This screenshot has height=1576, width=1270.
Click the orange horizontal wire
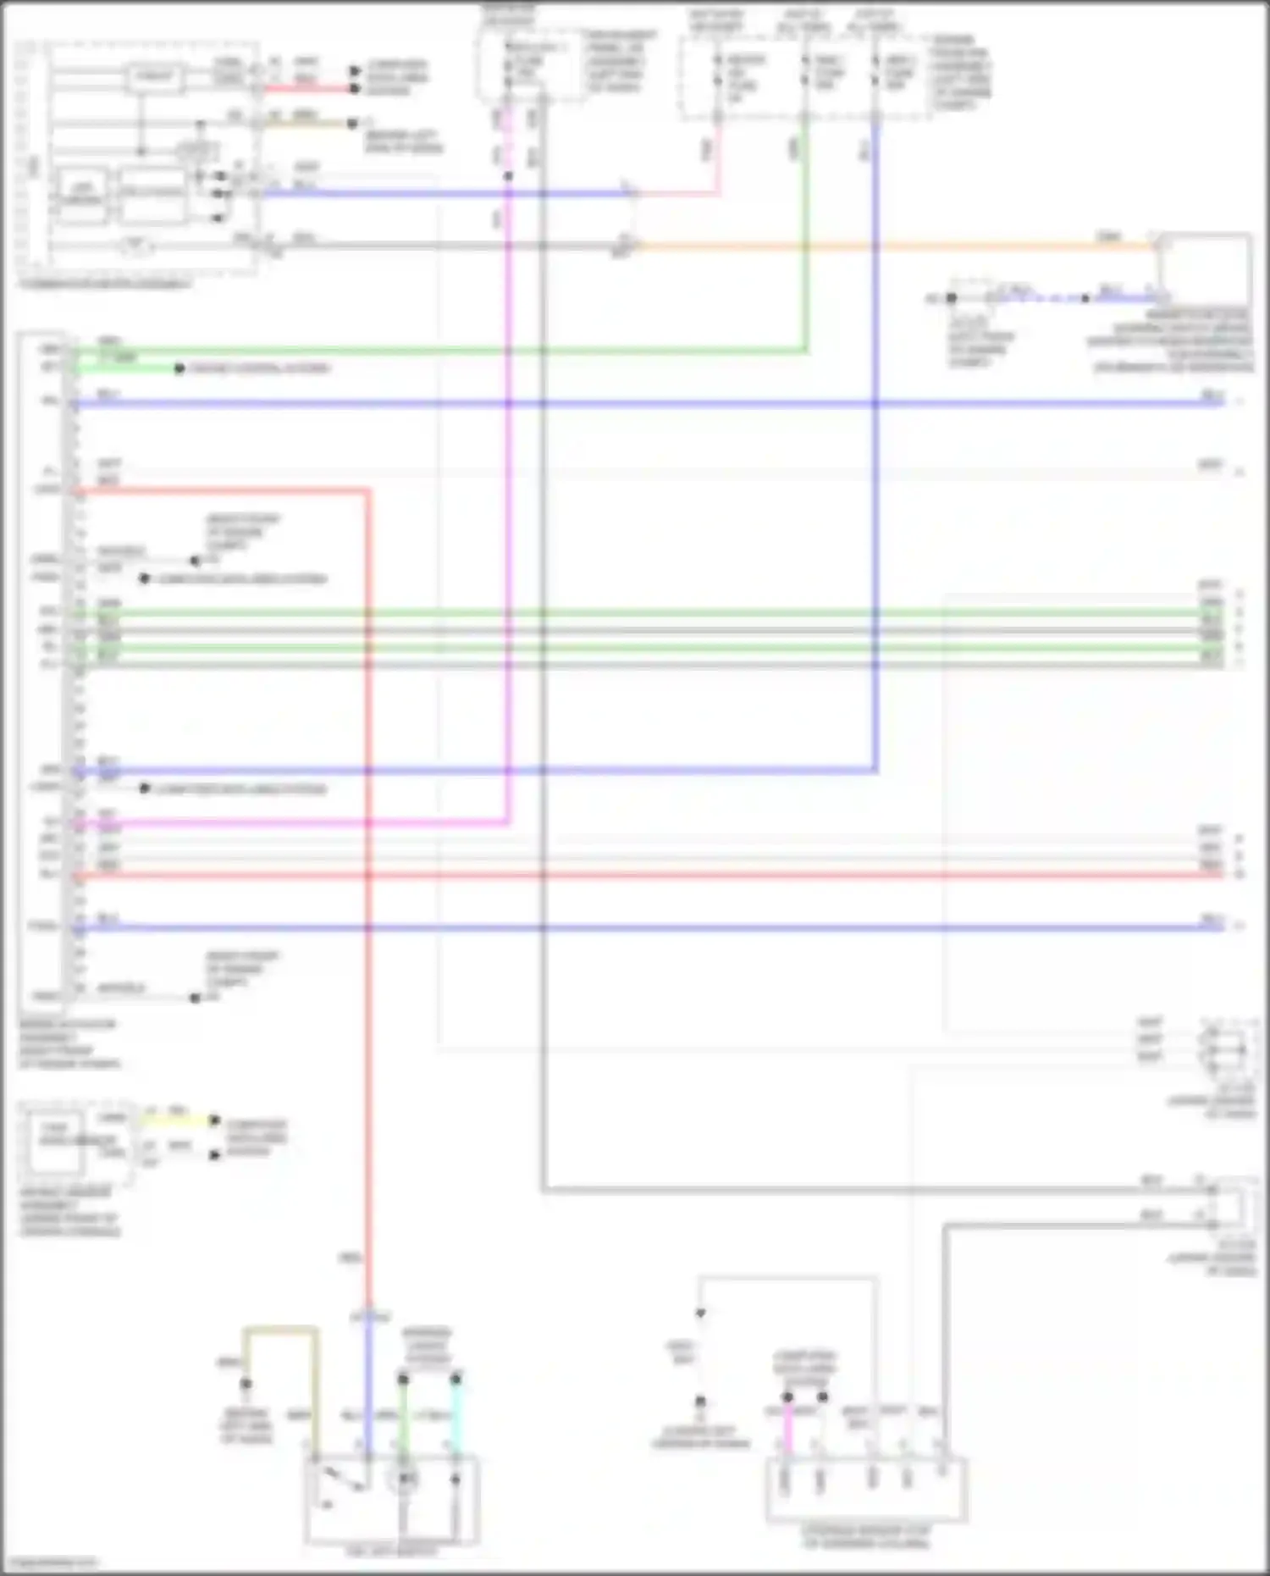pyautogui.click(x=889, y=246)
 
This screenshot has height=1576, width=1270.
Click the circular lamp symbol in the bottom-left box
pyautogui.click(x=405, y=1479)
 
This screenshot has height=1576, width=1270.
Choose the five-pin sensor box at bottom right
pyautogui.click(x=866, y=1488)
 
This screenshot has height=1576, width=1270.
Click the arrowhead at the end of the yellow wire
pyautogui.click(x=215, y=1120)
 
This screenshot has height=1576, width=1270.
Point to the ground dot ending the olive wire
pyautogui.click(x=246, y=1384)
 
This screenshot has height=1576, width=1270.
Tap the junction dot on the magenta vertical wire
pyautogui.click(x=508, y=176)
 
